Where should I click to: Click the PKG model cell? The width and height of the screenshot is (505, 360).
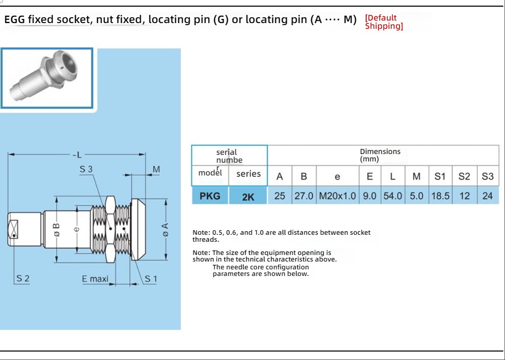(x=210, y=196)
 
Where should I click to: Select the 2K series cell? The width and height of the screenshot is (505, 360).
(x=248, y=196)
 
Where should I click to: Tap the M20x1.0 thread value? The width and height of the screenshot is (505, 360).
(x=337, y=196)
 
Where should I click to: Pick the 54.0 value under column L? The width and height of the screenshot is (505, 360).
(x=393, y=196)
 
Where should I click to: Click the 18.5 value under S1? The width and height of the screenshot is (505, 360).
(x=440, y=196)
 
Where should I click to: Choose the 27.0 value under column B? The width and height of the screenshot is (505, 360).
(x=304, y=196)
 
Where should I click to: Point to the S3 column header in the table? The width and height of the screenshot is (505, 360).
(x=488, y=176)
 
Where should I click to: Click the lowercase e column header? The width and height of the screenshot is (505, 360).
(x=337, y=177)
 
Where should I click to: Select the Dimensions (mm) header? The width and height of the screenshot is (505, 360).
(x=380, y=155)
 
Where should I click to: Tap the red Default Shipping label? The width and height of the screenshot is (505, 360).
(x=384, y=22)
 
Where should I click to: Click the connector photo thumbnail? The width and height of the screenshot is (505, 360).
(x=47, y=78)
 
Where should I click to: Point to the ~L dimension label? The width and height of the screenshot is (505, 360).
(x=77, y=155)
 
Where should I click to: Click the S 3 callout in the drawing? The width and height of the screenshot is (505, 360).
(x=86, y=169)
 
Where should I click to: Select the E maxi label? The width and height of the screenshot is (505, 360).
(x=95, y=279)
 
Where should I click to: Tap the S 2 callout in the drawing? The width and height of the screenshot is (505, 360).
(x=23, y=278)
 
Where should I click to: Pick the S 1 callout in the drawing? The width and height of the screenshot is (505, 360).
(x=151, y=279)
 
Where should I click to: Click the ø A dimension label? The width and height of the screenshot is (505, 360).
(x=165, y=229)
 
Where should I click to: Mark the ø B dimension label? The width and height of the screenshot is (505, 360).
(x=56, y=230)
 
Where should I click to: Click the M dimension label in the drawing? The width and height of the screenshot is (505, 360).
(x=156, y=169)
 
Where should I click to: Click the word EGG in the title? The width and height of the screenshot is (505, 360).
(x=15, y=19)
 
